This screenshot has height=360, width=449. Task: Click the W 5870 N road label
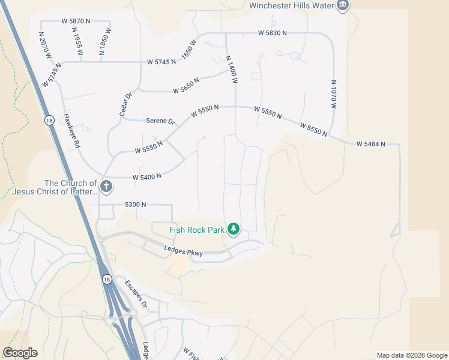pyautogui.click(x=76, y=20)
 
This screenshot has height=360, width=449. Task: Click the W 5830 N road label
pyautogui.click(x=273, y=33)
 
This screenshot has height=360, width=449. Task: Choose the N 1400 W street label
pyautogui.click(x=232, y=69)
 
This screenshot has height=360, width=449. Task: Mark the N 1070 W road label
pyautogui.click(x=334, y=94)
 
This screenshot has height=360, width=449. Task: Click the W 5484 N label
pyautogui.click(x=370, y=144)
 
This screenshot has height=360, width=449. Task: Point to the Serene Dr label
pyautogui.click(x=160, y=121)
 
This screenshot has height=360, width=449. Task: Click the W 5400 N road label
pyautogui.click(x=147, y=176)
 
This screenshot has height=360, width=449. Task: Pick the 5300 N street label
pyautogui.click(x=136, y=205)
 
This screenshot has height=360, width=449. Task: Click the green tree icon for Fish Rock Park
pyautogui.click(x=234, y=229)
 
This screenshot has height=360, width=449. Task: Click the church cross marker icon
pyautogui.click(x=106, y=187)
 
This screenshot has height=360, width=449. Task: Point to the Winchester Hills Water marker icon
pyautogui.click(x=343, y=6)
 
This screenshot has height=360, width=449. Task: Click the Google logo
pyautogui.click(x=20, y=353)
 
